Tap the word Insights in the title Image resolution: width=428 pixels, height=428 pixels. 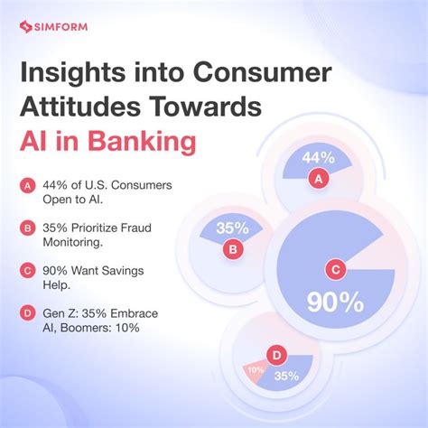78,75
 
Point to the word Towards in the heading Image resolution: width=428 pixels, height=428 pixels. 197,109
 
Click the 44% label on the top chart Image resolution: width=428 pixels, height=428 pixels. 318,159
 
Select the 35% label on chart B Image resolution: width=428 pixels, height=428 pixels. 233,227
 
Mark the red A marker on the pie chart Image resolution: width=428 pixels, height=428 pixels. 317,180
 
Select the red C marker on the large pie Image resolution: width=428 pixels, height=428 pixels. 336,268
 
